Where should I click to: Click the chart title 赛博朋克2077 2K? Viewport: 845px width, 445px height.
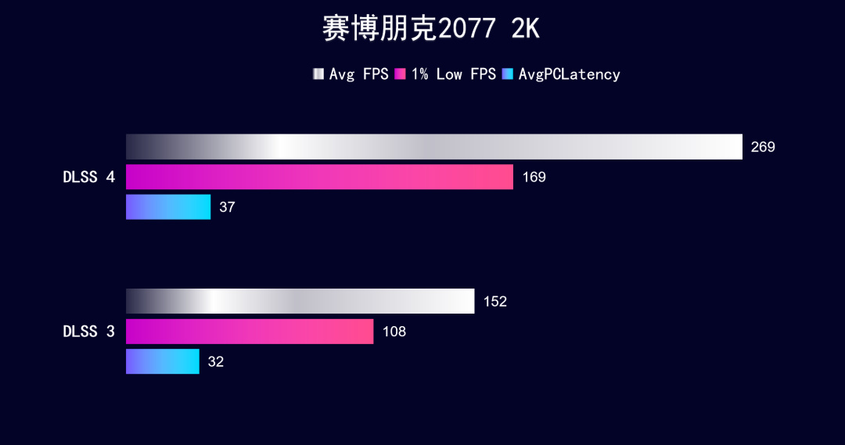(430, 30)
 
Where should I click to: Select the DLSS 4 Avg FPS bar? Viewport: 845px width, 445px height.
(433, 147)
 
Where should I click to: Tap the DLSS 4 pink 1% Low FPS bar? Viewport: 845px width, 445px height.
(319, 177)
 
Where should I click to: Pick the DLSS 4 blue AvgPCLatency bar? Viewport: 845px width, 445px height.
(168, 207)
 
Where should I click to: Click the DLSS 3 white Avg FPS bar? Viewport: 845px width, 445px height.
(300, 301)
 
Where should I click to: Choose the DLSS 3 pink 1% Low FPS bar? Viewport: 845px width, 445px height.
(250, 332)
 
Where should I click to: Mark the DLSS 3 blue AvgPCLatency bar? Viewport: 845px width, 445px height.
(163, 361)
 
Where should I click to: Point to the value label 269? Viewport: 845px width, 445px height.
(763, 147)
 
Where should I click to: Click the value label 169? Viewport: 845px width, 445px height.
(534, 178)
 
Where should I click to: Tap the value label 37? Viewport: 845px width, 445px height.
(227, 207)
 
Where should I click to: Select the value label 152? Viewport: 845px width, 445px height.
(494, 302)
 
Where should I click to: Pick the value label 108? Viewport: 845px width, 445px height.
(394, 332)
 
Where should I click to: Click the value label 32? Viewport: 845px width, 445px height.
(215, 362)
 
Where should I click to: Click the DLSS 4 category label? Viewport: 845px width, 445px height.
(88, 178)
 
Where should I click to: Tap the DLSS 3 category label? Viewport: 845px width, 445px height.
(88, 332)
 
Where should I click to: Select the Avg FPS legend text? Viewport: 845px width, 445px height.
(358, 74)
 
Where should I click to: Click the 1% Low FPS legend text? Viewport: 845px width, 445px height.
(453, 74)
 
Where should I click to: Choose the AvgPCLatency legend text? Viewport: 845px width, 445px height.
(569, 74)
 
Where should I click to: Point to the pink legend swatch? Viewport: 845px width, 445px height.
(401, 74)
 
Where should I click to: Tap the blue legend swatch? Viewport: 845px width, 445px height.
(508, 74)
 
